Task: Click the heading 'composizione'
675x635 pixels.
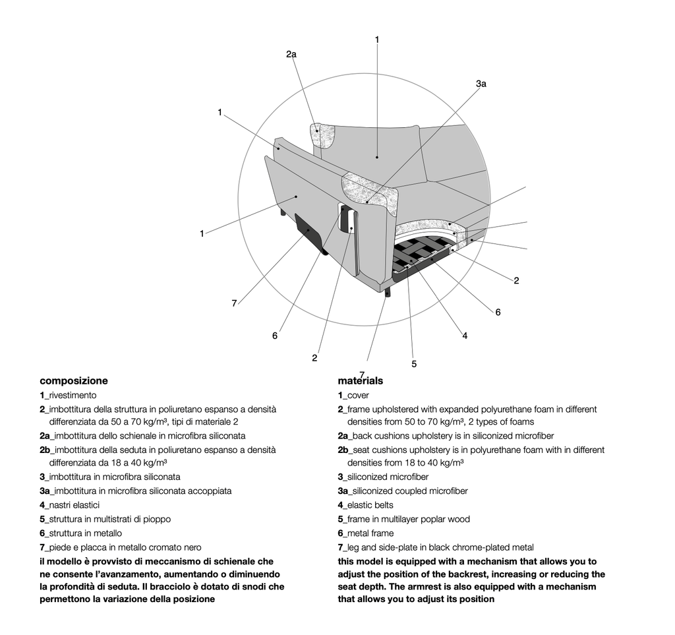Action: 74,380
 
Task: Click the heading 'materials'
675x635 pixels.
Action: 361,381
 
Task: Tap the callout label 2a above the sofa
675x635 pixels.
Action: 291,55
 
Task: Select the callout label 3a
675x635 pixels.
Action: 481,84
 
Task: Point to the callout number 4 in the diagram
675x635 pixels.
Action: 465,336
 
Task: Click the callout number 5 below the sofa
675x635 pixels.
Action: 414,363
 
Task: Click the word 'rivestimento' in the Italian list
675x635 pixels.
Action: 73,396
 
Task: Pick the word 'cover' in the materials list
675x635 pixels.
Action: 359,396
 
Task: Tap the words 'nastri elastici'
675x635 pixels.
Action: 74,505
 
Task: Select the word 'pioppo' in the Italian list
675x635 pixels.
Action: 158,519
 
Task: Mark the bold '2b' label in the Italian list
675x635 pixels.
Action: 45,450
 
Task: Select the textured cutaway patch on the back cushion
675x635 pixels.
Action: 324,137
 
